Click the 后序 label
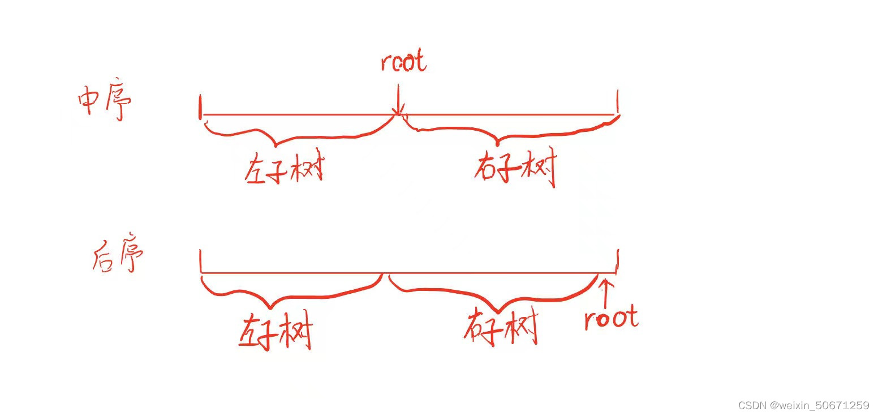coord(117,258)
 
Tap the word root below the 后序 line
coord(611,318)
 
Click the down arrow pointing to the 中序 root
coord(399,102)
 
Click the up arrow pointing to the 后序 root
coord(606,289)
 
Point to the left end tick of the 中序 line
coord(200,107)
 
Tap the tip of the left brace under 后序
coord(270,307)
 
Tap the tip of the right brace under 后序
coord(498,311)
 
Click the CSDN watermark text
coord(803,405)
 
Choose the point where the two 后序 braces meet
coord(385,276)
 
